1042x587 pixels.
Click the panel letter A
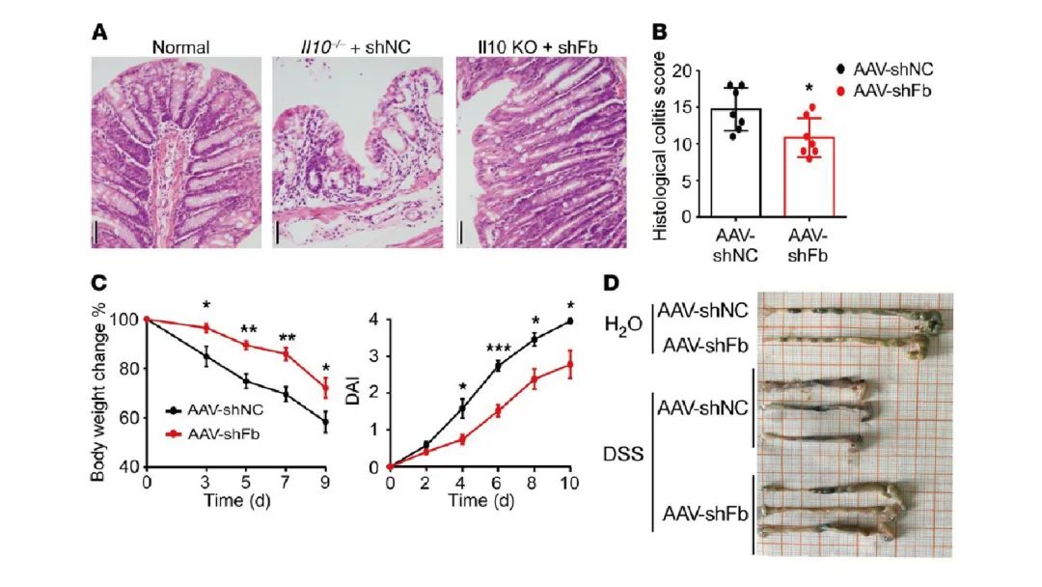click(x=99, y=31)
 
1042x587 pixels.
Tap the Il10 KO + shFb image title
click(x=538, y=45)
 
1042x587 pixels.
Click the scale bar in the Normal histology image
click(x=96, y=232)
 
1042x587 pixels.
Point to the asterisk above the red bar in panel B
click(x=808, y=89)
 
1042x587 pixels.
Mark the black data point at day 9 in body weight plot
click(x=325, y=423)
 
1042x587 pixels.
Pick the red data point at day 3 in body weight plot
click(x=206, y=328)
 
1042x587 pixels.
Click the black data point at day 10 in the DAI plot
click(x=572, y=321)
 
